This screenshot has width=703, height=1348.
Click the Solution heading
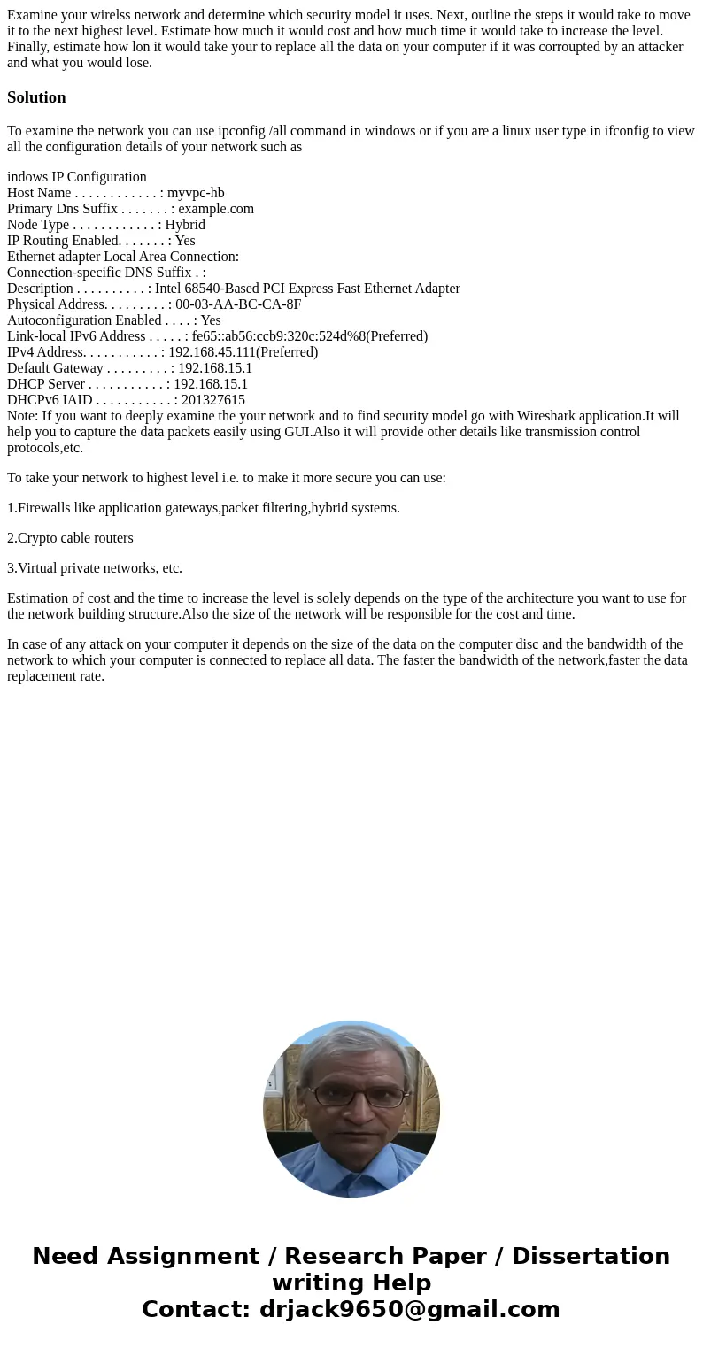click(x=36, y=97)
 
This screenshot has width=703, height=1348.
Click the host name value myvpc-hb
click(x=196, y=193)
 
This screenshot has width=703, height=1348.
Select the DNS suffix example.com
click(x=216, y=209)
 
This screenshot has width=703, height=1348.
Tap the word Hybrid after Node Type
click(x=185, y=225)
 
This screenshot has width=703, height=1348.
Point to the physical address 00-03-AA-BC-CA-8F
click(x=238, y=304)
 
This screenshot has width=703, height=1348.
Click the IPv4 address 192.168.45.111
click(x=212, y=352)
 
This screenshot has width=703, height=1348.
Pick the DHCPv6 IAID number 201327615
click(x=213, y=400)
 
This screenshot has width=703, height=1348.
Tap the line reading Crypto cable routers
click(x=70, y=538)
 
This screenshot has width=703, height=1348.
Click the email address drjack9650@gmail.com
click(x=409, y=1309)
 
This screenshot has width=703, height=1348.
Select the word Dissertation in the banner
click(x=591, y=1257)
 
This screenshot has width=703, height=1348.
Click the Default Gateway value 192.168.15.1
click(x=215, y=368)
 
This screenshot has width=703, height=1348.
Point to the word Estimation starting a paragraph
click(x=38, y=598)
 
